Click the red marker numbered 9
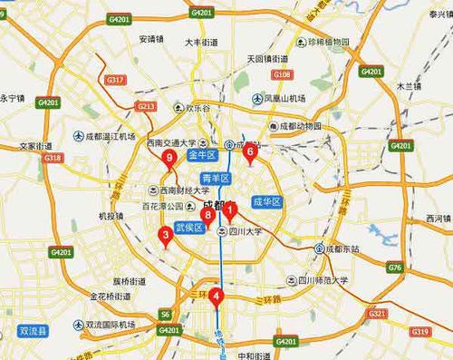169,161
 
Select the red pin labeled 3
164,236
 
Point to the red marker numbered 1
230,211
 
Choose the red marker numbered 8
207,216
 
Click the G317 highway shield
115,80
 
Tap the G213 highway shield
145,106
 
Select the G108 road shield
282,74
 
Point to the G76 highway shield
394,268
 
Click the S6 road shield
165,315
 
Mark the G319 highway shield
419,333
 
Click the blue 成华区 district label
268,200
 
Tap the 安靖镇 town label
151,39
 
